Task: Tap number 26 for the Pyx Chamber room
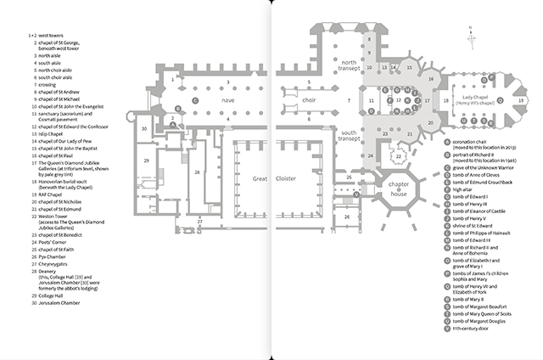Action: [x=347, y=217]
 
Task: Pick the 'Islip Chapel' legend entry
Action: [x=53, y=132]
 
